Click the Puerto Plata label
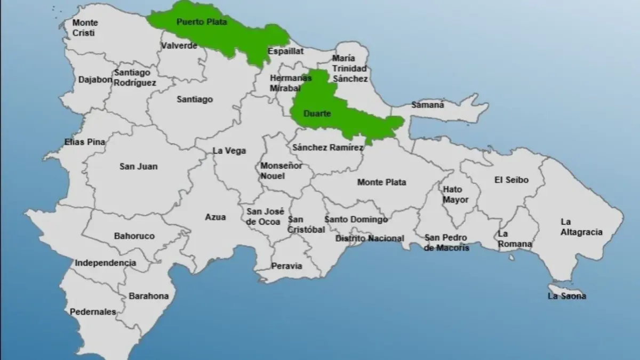202,22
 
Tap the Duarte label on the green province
317,114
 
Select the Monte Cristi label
85,28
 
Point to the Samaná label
428,105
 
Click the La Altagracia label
581,227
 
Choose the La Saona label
566,296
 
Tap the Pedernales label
93,311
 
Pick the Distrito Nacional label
370,238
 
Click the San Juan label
138,166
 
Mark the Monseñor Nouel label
281,171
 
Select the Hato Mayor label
455,194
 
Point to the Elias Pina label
84,142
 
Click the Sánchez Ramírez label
327,147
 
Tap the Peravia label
286,266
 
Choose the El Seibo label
511,180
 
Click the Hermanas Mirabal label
291,83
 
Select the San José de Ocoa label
265,216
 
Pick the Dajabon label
95,79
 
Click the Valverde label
179,46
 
